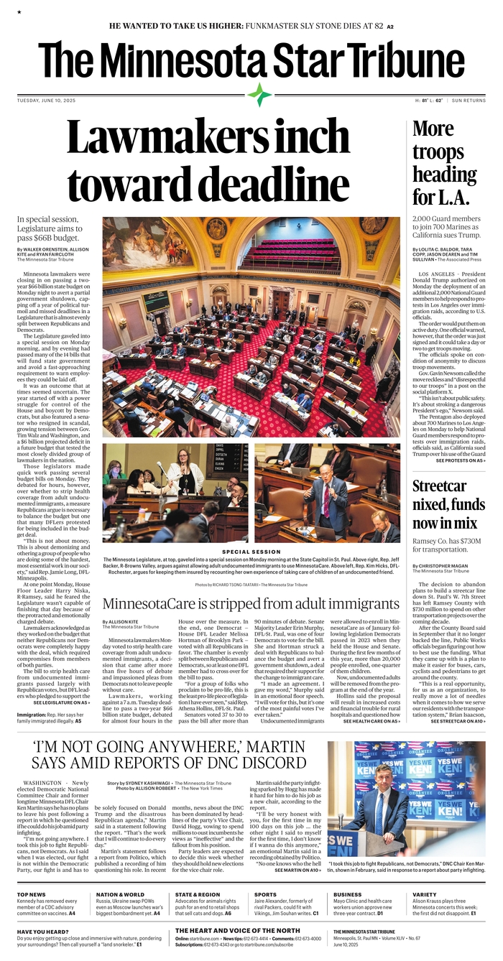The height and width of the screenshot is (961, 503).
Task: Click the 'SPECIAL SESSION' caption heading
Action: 251,552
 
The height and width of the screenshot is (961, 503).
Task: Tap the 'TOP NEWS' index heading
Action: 32,895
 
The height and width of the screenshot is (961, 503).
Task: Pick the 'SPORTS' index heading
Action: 265,895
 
